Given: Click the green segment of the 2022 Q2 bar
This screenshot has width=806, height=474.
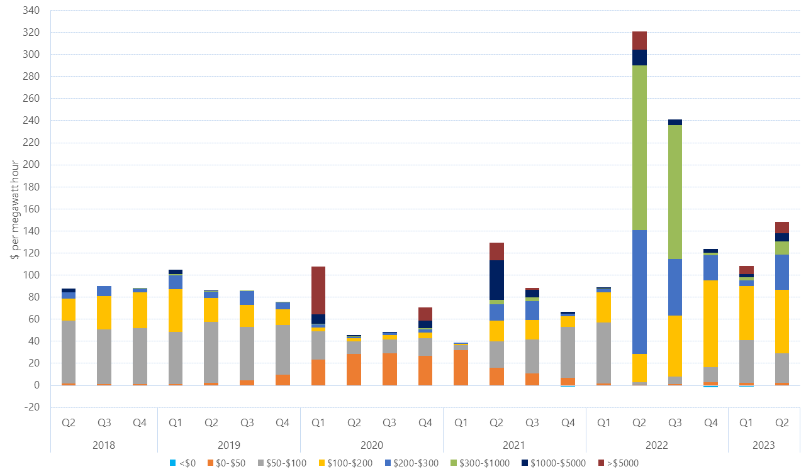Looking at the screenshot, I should click(639, 148).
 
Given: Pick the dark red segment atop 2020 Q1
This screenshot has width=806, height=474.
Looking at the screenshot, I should click(318, 290).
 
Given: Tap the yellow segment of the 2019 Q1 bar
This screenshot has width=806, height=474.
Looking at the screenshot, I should click(176, 311).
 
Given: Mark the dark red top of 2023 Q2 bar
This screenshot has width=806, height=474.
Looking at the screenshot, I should click(782, 228).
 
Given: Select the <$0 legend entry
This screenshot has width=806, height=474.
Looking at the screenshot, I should click(182, 463).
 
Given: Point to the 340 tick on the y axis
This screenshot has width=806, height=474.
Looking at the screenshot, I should click(31, 11).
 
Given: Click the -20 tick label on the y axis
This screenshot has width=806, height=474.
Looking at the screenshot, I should click(31, 407).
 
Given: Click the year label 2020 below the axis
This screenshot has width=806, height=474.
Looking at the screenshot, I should click(372, 445).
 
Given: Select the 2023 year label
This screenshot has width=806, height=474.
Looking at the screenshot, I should click(764, 445).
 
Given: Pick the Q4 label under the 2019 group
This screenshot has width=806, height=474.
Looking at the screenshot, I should click(283, 423).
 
